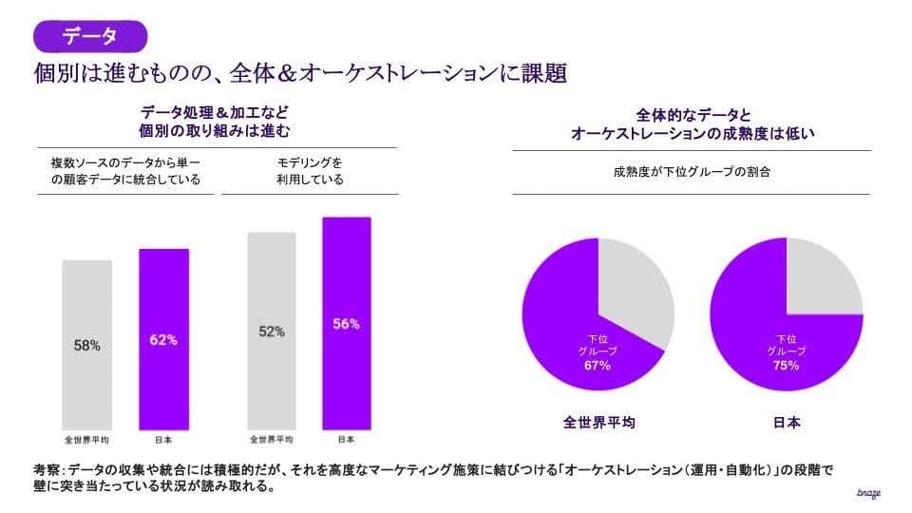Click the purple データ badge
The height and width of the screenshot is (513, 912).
tap(90, 36)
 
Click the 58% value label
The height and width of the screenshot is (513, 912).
tap(86, 346)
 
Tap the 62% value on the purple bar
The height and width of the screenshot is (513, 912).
tap(163, 339)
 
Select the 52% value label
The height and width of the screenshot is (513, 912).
tap(271, 332)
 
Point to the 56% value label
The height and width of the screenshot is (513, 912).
tap(346, 324)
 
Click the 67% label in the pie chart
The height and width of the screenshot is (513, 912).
tap(598, 365)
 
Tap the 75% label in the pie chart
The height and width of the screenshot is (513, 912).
tap(786, 365)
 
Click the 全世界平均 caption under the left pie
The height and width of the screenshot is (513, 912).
tap(598, 422)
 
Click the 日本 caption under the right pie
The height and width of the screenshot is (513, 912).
tap(787, 422)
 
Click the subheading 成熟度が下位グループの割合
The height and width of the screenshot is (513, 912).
tap(691, 173)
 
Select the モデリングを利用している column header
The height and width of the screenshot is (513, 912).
tap(310, 171)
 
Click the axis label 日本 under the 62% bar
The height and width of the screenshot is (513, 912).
tap(163, 440)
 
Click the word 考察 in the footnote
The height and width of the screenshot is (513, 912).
tap(46, 469)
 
